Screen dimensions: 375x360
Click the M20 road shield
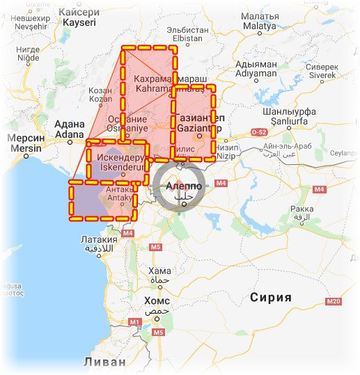coord(332,301)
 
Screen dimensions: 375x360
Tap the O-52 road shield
coord(259,132)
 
